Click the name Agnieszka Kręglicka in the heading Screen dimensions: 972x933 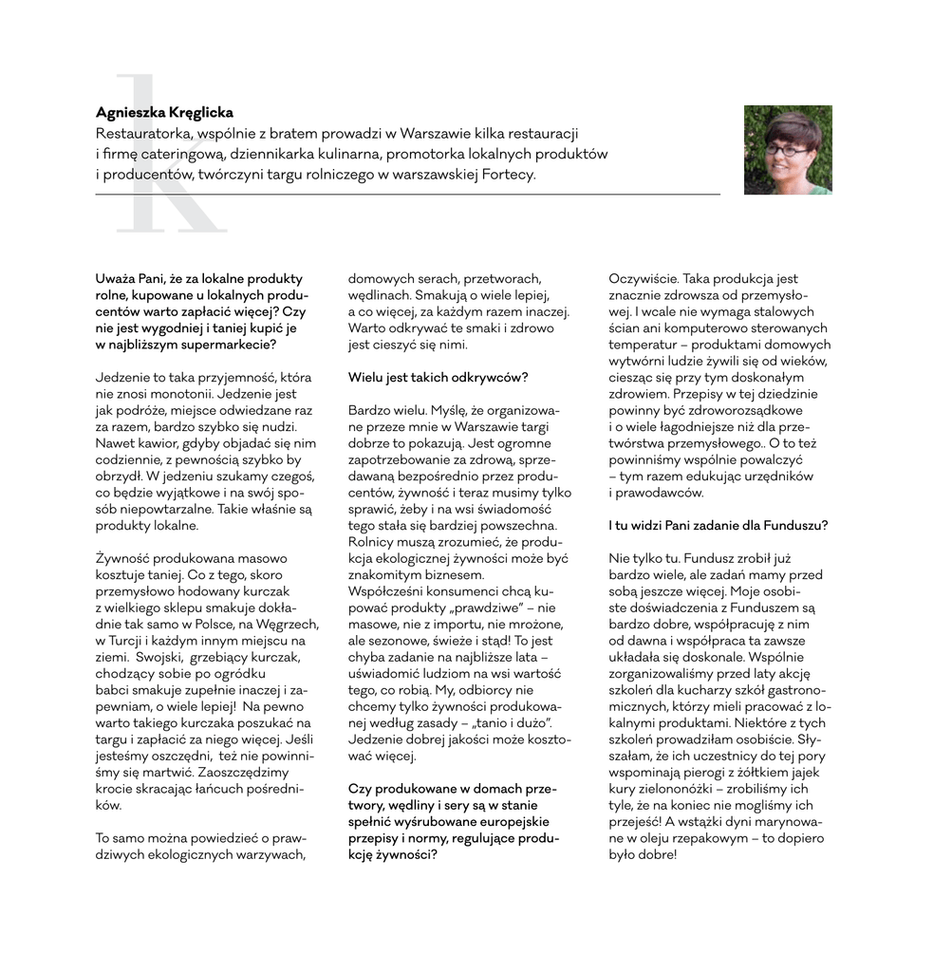click(x=164, y=113)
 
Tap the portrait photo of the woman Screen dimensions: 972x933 click(x=788, y=149)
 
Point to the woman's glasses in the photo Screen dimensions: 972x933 click(x=787, y=150)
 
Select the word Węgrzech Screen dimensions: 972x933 click(x=289, y=624)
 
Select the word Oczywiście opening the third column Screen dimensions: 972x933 click(x=643, y=279)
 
